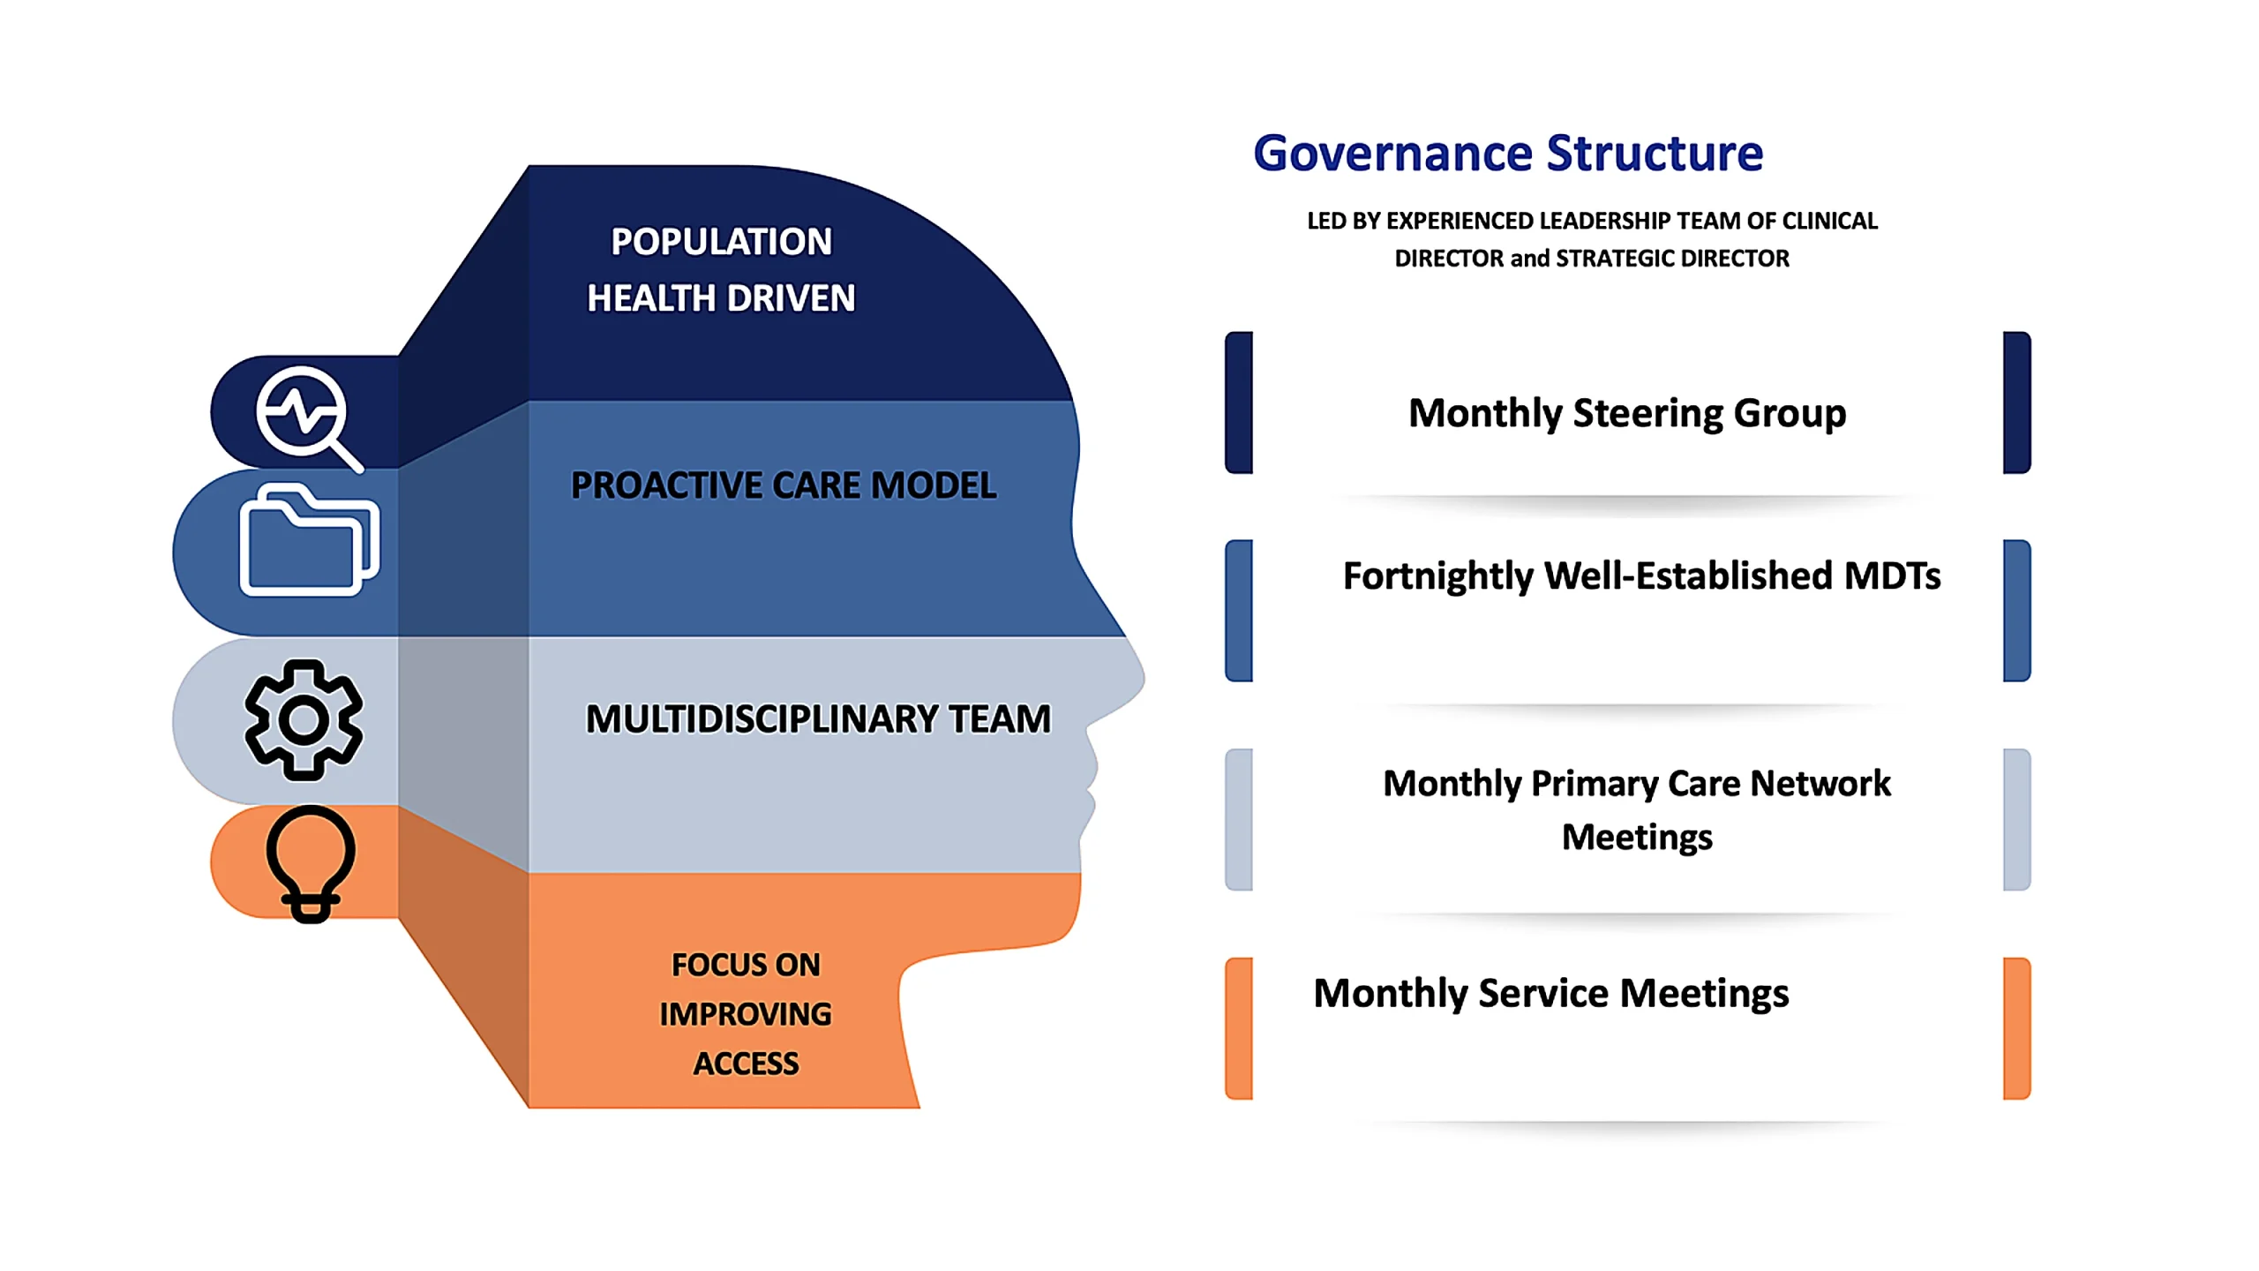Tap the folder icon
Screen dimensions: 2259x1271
pyautogui.click(x=309, y=538)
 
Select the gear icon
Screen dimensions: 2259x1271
pyautogui.click(x=304, y=719)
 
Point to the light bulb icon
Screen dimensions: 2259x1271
pyautogui.click(x=311, y=863)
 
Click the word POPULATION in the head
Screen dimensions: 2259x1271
pyautogui.click(x=721, y=242)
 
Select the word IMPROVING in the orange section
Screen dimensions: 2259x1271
pyautogui.click(x=746, y=1014)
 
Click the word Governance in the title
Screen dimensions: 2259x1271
pyautogui.click(x=1393, y=154)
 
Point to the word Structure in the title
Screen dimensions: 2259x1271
pyautogui.click(x=1655, y=154)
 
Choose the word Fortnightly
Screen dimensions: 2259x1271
pyautogui.click(x=1437, y=576)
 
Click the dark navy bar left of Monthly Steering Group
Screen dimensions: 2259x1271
pyautogui.click(x=1239, y=402)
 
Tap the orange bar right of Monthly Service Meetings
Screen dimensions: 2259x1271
pyautogui.click(x=2017, y=1028)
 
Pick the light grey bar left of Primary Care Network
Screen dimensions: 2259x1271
pyautogui.click(x=1239, y=820)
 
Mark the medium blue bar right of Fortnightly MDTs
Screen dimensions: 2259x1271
pyautogui.click(x=2017, y=611)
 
